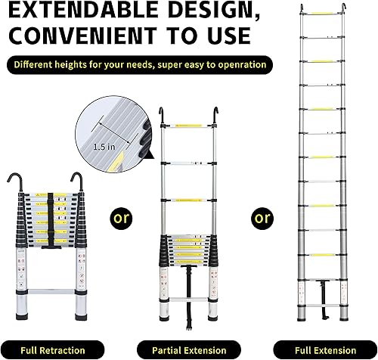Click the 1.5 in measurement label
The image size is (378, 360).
104,147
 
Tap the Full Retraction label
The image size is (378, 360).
53,350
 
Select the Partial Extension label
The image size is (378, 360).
189,350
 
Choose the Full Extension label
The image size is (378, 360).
325,350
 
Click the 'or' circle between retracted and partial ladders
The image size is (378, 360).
121,218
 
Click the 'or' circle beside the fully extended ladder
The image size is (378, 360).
262,218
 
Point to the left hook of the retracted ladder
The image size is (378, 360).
14,181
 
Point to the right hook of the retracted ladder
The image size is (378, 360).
77,181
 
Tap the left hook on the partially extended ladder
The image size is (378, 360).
161,115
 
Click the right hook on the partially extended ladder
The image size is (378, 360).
215,115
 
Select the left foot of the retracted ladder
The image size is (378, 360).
22,317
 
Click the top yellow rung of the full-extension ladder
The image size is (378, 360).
322,13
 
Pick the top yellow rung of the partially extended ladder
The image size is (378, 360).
189,126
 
